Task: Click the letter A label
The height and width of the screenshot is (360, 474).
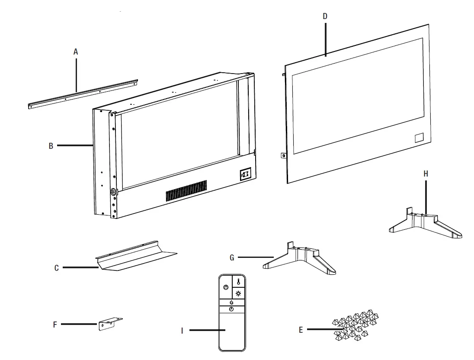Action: tap(76, 52)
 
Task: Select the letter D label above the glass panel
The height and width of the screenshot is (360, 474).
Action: tap(325, 16)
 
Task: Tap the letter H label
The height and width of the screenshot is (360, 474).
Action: tap(426, 174)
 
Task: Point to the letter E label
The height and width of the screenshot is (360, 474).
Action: tap(301, 330)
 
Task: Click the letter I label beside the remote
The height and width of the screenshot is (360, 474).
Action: tap(182, 331)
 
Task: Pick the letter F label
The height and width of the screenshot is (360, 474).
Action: tap(55, 324)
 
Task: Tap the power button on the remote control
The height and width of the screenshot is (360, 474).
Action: tap(226, 287)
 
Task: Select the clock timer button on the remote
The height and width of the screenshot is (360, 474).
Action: tap(231, 309)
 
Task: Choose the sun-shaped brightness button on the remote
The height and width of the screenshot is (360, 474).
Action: tap(238, 293)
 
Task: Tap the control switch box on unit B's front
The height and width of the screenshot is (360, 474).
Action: tap(245, 174)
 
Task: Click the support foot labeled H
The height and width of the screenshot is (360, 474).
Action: tap(426, 223)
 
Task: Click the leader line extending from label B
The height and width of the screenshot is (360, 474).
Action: tap(74, 145)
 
